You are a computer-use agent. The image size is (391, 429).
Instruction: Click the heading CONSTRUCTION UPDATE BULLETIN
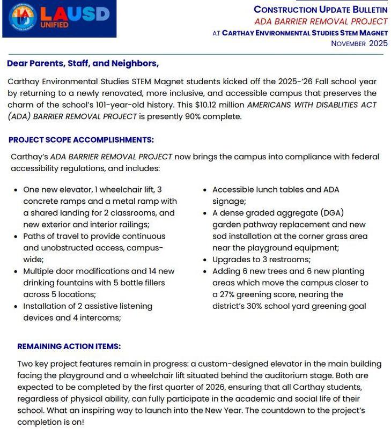coord(320,10)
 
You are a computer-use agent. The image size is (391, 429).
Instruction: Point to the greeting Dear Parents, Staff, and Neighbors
coord(83,64)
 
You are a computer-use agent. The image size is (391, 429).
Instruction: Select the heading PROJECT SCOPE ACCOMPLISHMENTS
coord(81,140)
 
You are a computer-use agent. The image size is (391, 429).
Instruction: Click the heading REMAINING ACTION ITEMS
coord(69,346)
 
